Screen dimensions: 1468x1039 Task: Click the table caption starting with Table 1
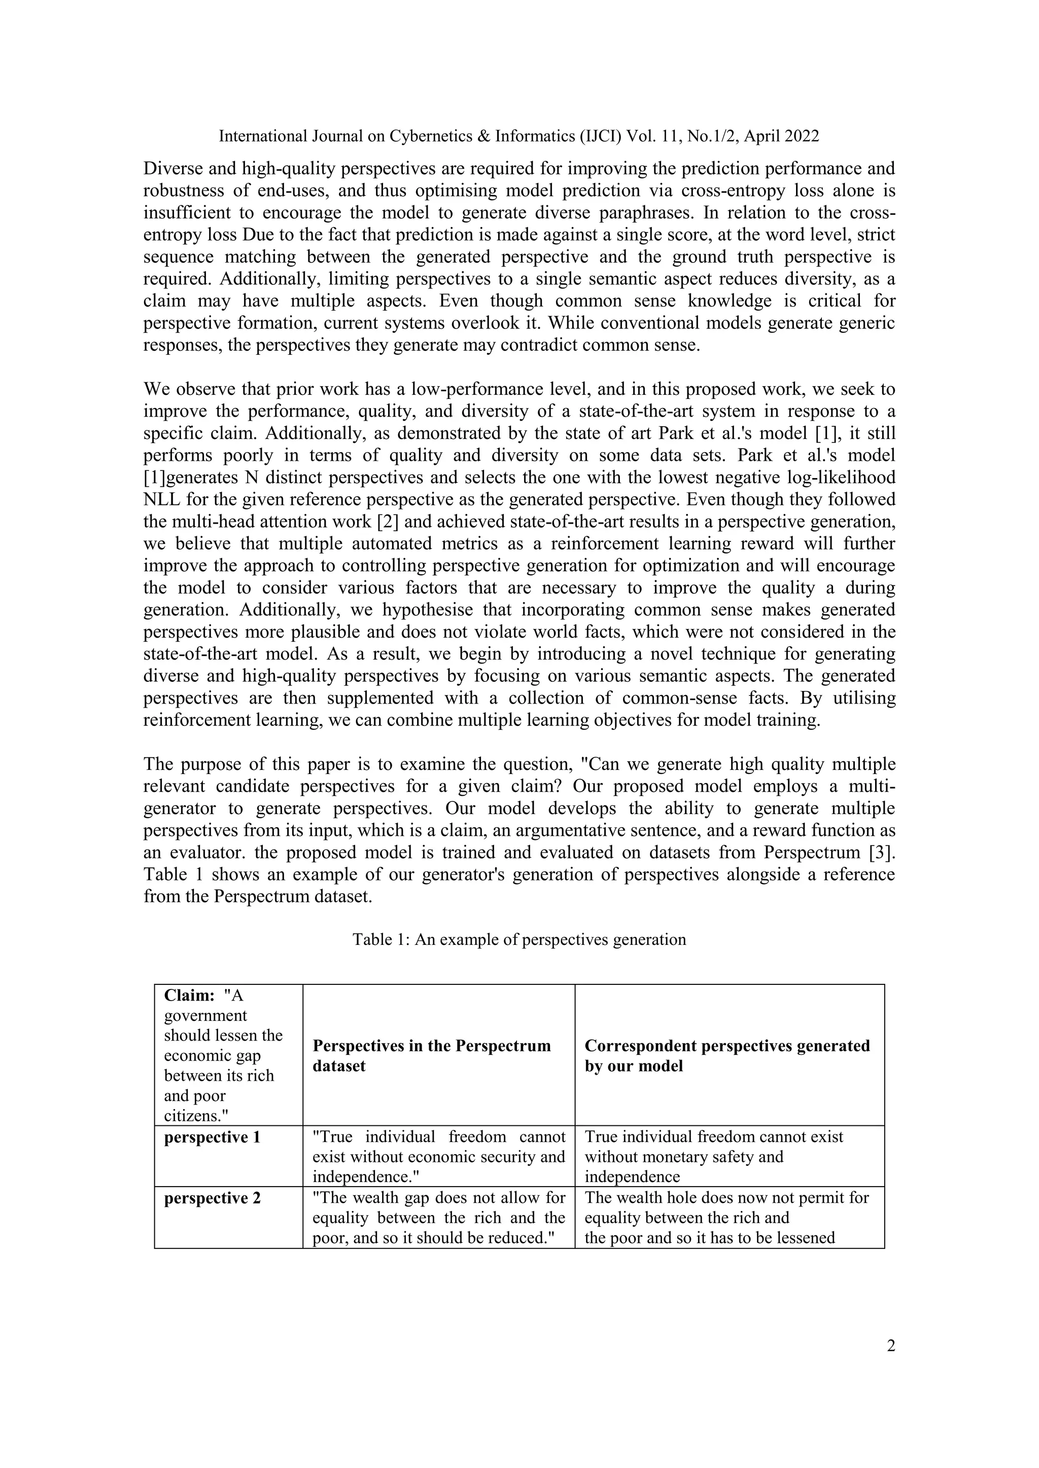pos(519,939)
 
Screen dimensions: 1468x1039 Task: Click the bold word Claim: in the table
pos(189,996)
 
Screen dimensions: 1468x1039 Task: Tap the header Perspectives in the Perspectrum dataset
pos(431,1055)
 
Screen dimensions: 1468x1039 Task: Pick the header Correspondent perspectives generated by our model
pos(727,1055)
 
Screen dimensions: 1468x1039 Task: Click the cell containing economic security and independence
pos(438,1157)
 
